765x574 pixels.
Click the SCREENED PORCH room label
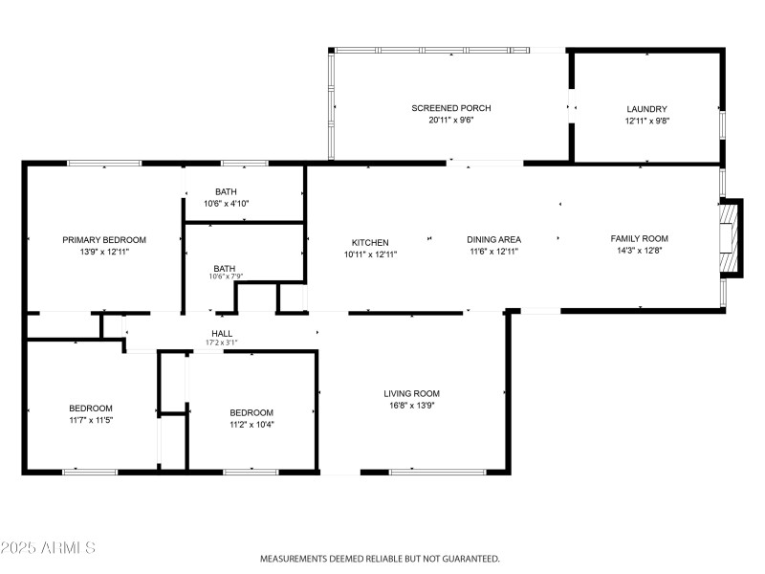coord(450,108)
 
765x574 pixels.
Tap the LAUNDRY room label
coord(646,109)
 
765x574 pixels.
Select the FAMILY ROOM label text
coord(639,238)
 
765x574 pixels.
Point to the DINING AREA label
coord(493,239)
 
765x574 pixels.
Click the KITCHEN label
coord(370,242)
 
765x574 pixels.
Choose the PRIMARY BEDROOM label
coord(104,239)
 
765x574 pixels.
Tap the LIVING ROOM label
coord(411,393)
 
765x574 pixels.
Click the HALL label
coord(221,334)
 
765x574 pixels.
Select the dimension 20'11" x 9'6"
coord(450,121)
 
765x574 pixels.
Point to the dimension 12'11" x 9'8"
coord(646,121)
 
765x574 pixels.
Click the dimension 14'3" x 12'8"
coord(639,251)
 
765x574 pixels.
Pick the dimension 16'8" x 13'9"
coord(411,405)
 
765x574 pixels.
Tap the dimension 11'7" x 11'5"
coord(91,420)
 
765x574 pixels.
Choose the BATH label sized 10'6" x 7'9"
coord(225,268)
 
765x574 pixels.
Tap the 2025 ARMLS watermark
coord(48,548)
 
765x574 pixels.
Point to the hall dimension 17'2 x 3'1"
coord(221,342)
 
